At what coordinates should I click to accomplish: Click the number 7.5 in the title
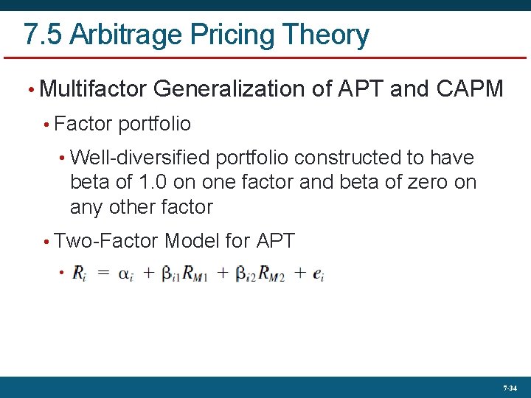pos(40,35)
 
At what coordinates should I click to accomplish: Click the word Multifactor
pos(94,89)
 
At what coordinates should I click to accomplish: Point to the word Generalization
pos(234,89)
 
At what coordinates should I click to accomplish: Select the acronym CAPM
pos(470,89)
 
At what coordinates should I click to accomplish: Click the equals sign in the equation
pos(105,273)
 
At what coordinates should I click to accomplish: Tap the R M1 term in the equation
pos(195,274)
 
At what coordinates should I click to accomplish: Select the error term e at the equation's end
pos(318,274)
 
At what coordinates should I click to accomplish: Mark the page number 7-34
pos(510,388)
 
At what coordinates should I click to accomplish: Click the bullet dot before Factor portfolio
pos(46,125)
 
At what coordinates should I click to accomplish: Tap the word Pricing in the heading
pos(229,35)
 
